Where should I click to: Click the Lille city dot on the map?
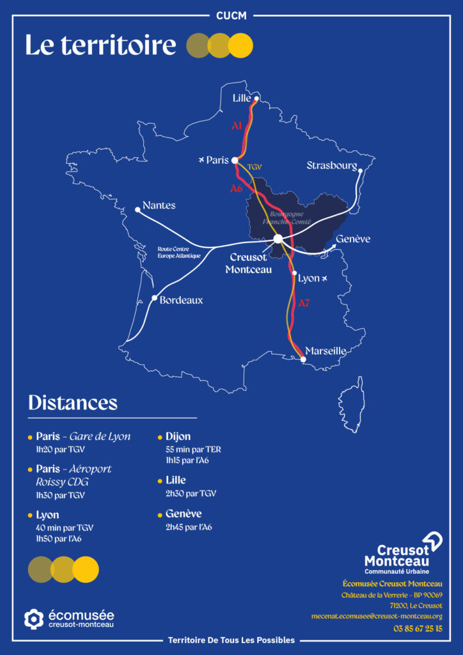(256, 99)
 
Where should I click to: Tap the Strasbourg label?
(331, 166)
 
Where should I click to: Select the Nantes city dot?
(137, 210)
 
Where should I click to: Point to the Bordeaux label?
(181, 299)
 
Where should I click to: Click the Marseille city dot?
(303, 359)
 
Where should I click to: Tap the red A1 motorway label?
(237, 127)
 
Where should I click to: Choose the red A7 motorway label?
(304, 303)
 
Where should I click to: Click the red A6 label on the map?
(236, 189)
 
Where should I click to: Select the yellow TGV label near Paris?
(255, 166)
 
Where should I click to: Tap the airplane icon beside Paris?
(202, 159)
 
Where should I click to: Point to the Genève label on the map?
(353, 239)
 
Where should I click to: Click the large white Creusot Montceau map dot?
(278, 239)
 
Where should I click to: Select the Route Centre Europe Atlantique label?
(179, 252)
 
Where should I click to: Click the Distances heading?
(73, 402)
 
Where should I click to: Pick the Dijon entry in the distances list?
(178, 436)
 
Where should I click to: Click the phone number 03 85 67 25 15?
(418, 628)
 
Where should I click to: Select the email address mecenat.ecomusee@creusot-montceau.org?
(386, 617)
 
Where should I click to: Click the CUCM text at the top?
(231, 15)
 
